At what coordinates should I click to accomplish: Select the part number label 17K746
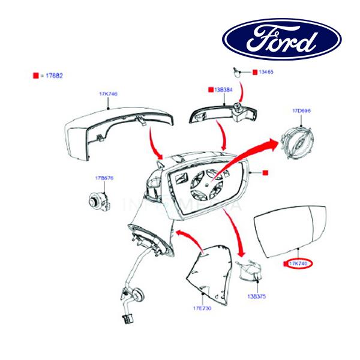pyautogui.click(x=108, y=94)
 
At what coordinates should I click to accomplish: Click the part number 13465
pyautogui.click(x=266, y=72)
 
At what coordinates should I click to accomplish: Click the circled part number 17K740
pyautogui.click(x=298, y=263)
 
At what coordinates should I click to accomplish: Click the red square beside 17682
pyautogui.click(x=36, y=76)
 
